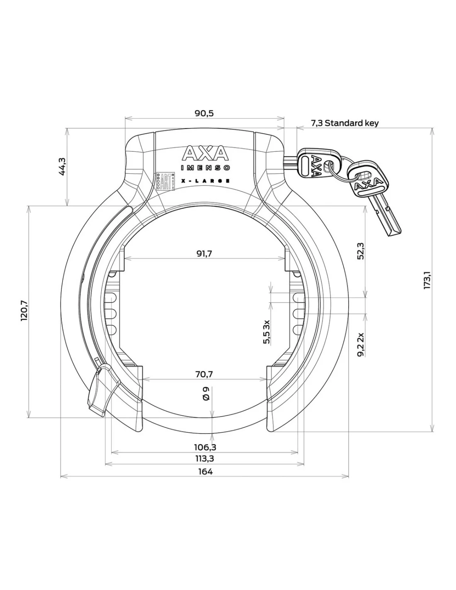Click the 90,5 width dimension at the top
205,113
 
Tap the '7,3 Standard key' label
344,123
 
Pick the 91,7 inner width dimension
204,254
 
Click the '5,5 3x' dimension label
267,332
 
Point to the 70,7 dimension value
204,374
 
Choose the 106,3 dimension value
205,447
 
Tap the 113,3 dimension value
205,458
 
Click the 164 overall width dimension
205,471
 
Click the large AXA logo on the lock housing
205,154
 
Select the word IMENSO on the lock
206,168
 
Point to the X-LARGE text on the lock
206,181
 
